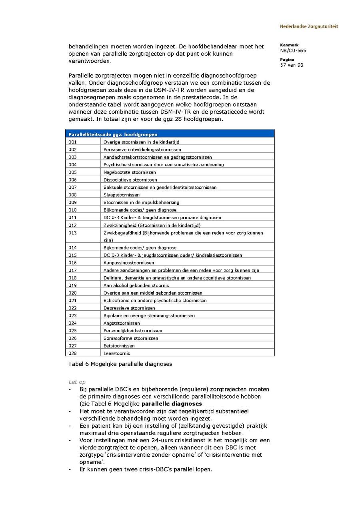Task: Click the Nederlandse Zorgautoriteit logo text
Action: click(x=308, y=26)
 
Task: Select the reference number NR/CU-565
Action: click(x=293, y=51)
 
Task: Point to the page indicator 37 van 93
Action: click(x=292, y=65)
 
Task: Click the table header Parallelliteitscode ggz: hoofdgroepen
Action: click(x=113, y=134)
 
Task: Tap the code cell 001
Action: click(x=72, y=142)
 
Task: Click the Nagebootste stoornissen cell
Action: click(x=130, y=172)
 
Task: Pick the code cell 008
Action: click(x=72, y=195)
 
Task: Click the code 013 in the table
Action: click(x=72, y=233)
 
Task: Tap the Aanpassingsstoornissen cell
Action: click(x=129, y=263)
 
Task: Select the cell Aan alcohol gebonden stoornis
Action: click(x=136, y=285)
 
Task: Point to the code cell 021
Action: click(x=72, y=300)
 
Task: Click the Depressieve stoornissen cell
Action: click(x=129, y=308)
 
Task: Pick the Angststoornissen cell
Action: click(x=122, y=323)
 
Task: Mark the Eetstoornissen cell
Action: click(x=119, y=346)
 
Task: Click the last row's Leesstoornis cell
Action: click(x=117, y=353)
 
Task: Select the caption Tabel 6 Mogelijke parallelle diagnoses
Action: click(x=120, y=364)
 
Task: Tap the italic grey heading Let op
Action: click(x=77, y=382)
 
